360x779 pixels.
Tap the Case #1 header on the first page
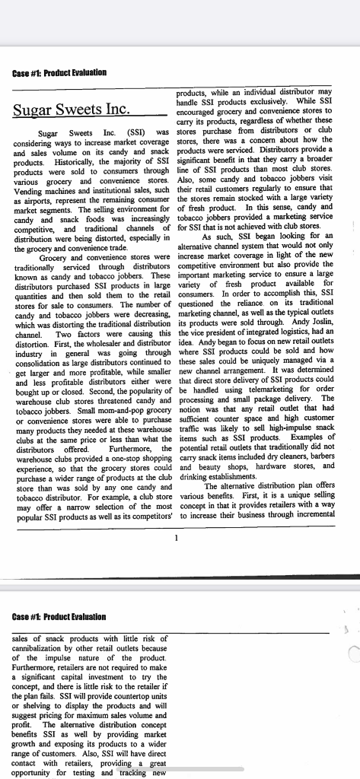[x=59, y=72]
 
